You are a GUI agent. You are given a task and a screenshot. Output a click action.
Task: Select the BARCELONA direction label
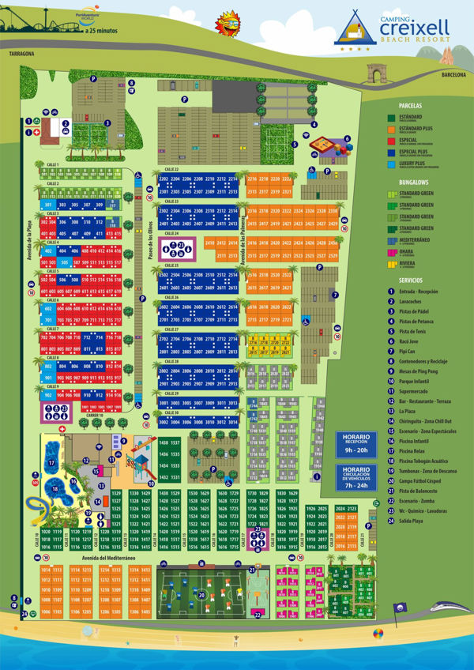(454, 74)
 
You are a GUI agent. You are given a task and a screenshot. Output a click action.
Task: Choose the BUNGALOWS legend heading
(416, 182)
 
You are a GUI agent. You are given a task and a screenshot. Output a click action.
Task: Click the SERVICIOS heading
(415, 280)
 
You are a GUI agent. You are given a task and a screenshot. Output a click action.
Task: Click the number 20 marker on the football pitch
(201, 594)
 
